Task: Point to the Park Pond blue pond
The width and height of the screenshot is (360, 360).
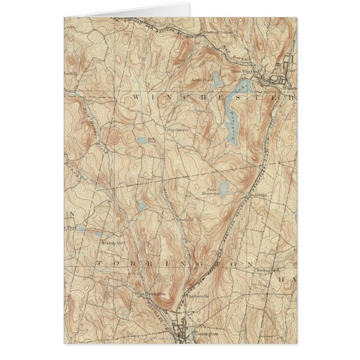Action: click(x=143, y=141)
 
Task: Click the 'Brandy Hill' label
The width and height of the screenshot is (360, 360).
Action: click(x=109, y=243)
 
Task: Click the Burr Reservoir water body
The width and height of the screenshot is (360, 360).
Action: click(x=223, y=187)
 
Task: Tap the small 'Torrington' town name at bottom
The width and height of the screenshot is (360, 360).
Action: click(x=206, y=333)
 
